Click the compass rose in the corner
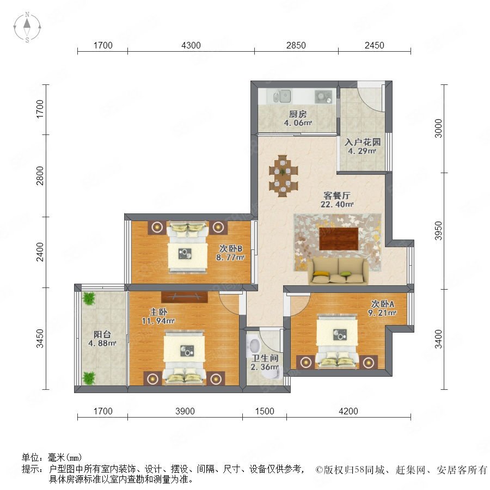pyautogui.click(x=27, y=27)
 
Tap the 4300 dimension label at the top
pyautogui.click(x=191, y=45)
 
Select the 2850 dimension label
pyautogui.click(x=296, y=45)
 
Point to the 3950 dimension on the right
pyautogui.click(x=439, y=231)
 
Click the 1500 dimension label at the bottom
pyautogui.click(x=265, y=411)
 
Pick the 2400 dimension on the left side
pyautogui.click(x=40, y=252)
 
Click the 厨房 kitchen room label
pyautogui.click(x=297, y=114)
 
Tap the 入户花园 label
pyautogui.click(x=363, y=142)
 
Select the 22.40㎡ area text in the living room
pyautogui.click(x=337, y=204)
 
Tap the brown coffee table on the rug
pyautogui.click(x=339, y=239)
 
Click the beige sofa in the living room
pyautogui.click(x=339, y=271)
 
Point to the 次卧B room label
pyautogui.click(x=231, y=248)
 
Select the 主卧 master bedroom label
pyautogui.click(x=158, y=312)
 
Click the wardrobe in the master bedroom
pyautogui.click(x=185, y=297)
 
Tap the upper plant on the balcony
pyautogui.click(x=89, y=298)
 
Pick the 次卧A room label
pyautogui.click(x=383, y=304)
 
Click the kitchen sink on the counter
pyautogui.click(x=282, y=96)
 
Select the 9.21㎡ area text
pyautogui.click(x=382, y=313)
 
